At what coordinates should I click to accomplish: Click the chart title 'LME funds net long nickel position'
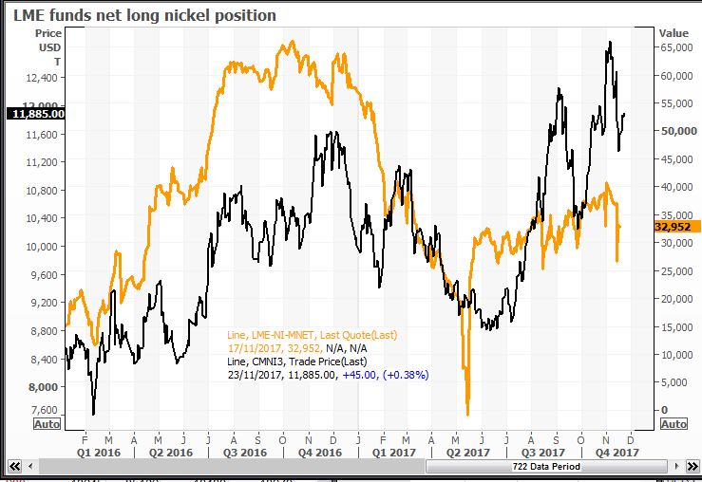144,15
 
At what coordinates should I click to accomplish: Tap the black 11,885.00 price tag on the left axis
36,114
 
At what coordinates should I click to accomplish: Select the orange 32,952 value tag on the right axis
677,227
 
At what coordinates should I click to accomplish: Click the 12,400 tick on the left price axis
43,79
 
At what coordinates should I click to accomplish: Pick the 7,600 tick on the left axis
46,410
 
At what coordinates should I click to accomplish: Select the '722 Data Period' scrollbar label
546,468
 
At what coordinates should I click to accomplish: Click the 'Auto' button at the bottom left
47,424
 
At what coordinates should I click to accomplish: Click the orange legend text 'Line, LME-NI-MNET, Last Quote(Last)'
312,335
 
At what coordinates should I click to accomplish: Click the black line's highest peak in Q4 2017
609,42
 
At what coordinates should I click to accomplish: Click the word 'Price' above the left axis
48,33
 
